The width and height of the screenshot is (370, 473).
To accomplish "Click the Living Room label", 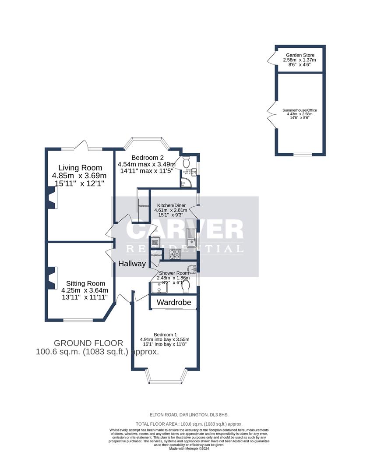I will coord(80,168).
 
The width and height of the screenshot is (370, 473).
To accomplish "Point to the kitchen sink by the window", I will coord(191,237).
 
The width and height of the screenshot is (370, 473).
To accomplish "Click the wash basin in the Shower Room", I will coord(192,268).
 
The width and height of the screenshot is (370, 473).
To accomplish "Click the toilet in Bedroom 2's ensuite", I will coord(185,159).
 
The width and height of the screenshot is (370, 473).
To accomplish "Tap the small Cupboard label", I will coord(156,255).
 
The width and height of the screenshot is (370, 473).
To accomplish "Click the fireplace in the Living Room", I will coord(52,198).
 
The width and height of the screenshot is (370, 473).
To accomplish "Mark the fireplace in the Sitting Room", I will coord(52,278).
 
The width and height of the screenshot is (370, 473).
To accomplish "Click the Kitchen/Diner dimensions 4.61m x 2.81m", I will coord(171,210).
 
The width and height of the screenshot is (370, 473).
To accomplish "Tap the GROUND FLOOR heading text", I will coord(88,343).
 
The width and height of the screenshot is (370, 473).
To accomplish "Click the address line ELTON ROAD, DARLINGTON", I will coord(176,414).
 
